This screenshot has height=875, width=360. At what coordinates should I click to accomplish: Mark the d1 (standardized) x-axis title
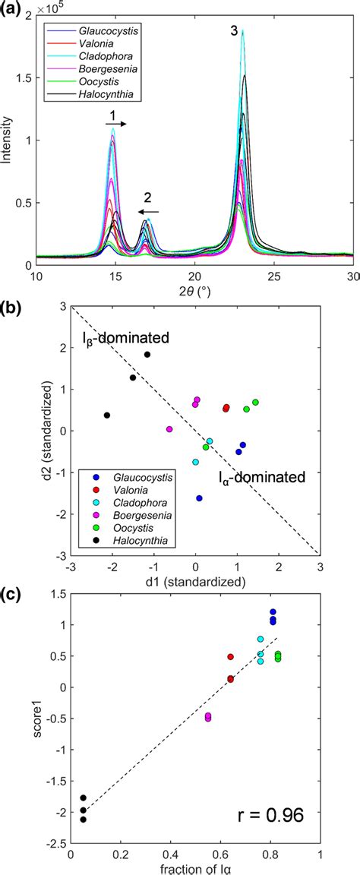pyautogui.click(x=194, y=582)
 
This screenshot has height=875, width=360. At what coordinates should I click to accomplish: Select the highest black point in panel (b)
pyautogui.click(x=147, y=355)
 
